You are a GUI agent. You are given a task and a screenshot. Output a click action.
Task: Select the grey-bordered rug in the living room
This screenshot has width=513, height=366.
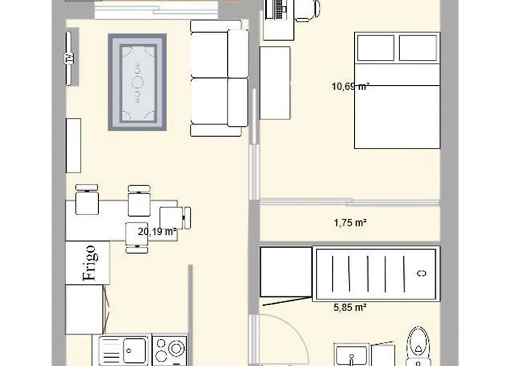[x=138, y=82]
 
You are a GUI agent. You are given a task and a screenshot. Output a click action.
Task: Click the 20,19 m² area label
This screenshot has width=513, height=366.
[x=157, y=232]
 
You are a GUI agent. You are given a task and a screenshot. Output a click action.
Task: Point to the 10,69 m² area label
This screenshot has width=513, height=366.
[x=350, y=86]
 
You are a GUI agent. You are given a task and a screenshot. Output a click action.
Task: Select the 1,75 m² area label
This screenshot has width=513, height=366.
[x=350, y=224]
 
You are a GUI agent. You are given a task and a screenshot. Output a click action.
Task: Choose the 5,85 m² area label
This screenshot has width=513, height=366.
[x=350, y=308]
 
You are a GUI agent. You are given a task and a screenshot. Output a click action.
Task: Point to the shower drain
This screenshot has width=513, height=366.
[x=421, y=273]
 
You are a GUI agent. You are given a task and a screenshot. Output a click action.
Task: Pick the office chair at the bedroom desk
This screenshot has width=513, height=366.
[x=307, y=8]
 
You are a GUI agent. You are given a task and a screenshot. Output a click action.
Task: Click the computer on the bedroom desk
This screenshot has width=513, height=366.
[x=278, y=9]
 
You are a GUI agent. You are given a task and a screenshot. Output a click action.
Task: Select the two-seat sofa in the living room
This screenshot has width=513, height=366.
[x=219, y=78]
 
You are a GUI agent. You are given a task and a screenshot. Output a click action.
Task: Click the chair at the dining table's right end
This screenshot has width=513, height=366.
[x=177, y=217]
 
